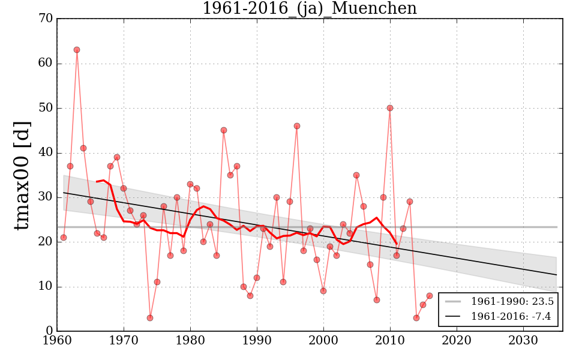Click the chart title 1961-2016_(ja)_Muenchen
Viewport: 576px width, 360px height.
pyautogui.click(x=309, y=8)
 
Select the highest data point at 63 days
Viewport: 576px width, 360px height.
pyautogui.click(x=77, y=50)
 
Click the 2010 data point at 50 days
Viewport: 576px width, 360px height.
pyautogui.click(x=390, y=108)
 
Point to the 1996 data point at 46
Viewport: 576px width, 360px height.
pyautogui.click(x=297, y=126)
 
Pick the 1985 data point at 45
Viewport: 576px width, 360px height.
pyautogui.click(x=224, y=130)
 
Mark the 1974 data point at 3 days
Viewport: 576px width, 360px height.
pyautogui.click(x=150, y=318)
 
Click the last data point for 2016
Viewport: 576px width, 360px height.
pyautogui.click(x=430, y=296)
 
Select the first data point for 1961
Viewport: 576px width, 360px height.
pyautogui.click(x=64, y=238)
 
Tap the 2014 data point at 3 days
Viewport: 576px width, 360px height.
pyautogui.click(x=416, y=318)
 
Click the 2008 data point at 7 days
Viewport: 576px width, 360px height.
pyautogui.click(x=377, y=300)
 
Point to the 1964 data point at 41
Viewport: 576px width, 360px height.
pyautogui.click(x=83, y=148)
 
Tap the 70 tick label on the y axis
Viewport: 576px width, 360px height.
pyautogui.click(x=46, y=19)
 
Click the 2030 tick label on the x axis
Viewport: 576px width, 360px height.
pyautogui.click(x=523, y=340)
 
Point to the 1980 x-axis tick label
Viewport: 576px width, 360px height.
pyautogui.click(x=191, y=340)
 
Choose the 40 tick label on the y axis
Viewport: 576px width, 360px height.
pyautogui.click(x=46, y=153)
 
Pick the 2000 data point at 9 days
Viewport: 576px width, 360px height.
pyautogui.click(x=323, y=291)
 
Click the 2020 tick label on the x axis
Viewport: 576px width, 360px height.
pyautogui.click(x=457, y=340)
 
